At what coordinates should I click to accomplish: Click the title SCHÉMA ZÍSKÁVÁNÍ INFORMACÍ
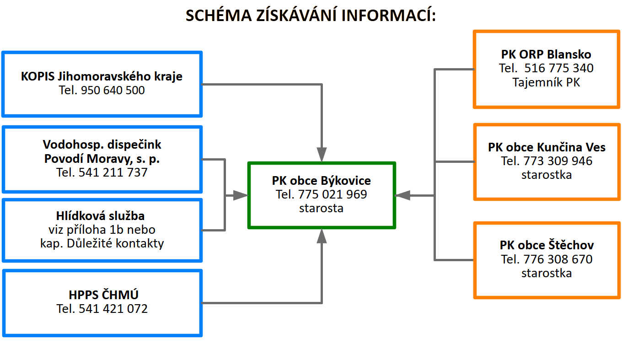point(311,16)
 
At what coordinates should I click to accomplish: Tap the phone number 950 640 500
point(113,90)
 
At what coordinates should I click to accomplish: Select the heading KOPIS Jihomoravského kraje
point(102,76)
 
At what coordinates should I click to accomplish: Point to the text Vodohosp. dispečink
point(102,145)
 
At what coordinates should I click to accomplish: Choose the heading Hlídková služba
point(102,215)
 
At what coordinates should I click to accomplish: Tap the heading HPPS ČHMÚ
point(102,295)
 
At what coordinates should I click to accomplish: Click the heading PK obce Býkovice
point(321,180)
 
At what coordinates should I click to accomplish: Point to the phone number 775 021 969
point(332,194)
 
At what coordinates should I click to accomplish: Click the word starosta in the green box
point(321,208)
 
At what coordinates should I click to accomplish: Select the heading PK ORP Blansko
point(546,54)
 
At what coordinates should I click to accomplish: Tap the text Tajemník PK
point(546,83)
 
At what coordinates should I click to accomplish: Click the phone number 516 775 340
point(559,69)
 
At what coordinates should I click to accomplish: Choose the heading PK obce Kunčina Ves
point(547,147)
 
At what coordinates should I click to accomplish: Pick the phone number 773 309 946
point(558,161)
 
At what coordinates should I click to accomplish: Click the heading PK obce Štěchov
point(547,245)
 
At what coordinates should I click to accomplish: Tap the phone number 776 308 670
point(558,259)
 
